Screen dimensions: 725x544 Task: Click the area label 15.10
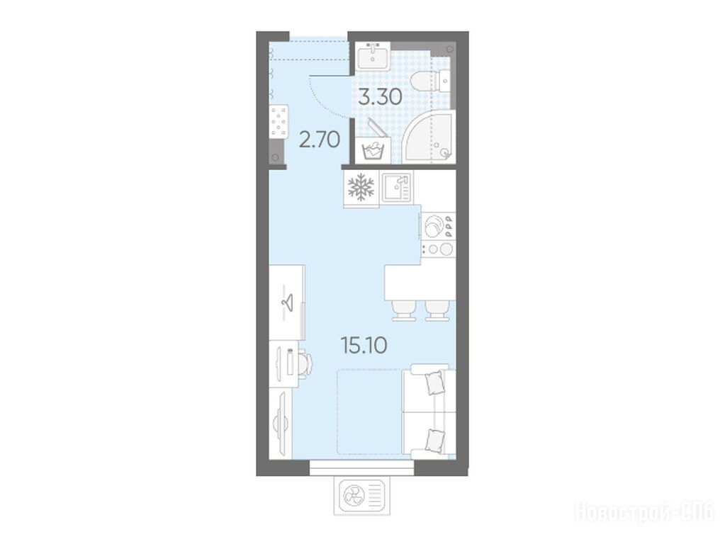tap(364, 345)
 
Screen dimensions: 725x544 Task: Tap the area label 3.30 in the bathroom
tap(381, 97)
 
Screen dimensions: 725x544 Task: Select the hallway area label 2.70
tap(320, 139)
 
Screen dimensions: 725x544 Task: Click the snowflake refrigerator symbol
tap(361, 187)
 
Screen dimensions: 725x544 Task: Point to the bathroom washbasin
tap(373, 57)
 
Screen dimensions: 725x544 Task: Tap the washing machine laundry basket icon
tap(373, 150)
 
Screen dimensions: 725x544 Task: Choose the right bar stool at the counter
tap(437, 310)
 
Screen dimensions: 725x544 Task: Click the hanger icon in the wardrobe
tap(287, 302)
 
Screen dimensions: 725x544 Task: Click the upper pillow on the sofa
tap(436, 383)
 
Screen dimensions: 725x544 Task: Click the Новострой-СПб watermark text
tap(644, 511)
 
